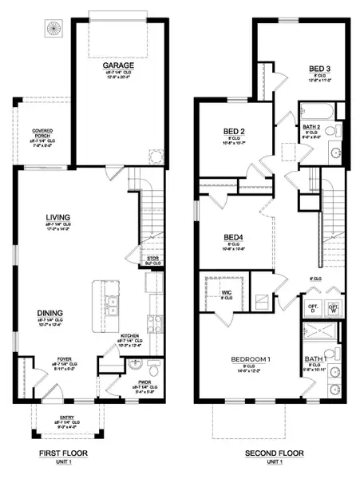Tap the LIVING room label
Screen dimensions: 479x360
point(57,214)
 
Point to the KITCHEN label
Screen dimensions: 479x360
point(129,336)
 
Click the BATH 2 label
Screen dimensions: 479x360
point(312,127)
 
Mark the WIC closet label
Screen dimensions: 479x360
point(227,294)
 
